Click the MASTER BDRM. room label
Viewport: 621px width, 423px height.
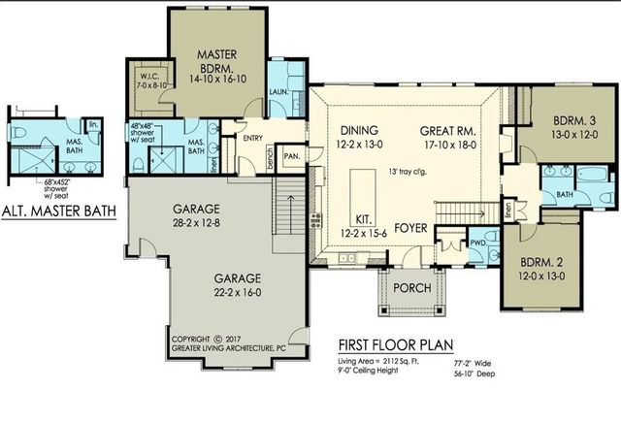click(x=218, y=61)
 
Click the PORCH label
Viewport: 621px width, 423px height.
click(x=405, y=288)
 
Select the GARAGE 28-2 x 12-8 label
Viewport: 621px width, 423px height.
click(x=199, y=216)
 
